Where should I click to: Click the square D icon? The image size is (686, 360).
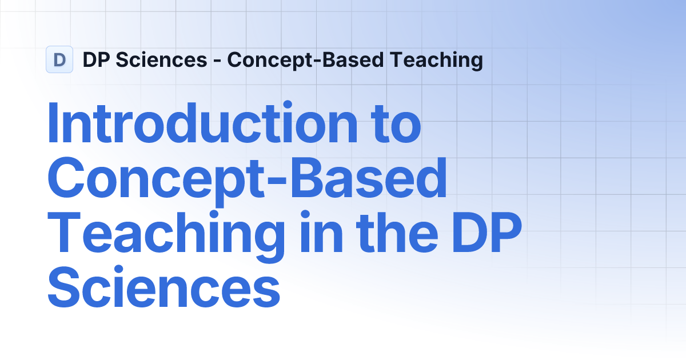tap(59, 59)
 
